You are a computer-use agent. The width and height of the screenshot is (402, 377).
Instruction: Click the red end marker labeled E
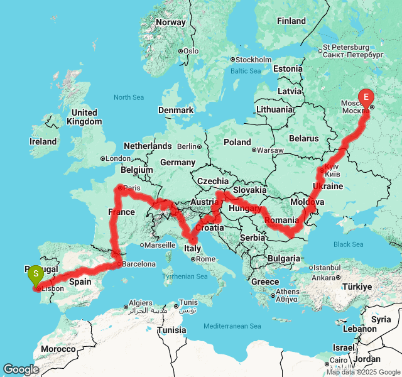pyautogui.click(x=366, y=97)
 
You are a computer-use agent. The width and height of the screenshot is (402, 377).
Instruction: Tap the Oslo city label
pyautogui.click(x=190, y=51)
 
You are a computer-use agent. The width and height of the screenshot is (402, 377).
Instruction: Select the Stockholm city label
pyautogui.click(x=254, y=60)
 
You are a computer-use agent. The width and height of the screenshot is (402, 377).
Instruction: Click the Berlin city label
pyautogui.click(x=187, y=146)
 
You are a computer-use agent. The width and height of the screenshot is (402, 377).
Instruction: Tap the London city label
pyautogui.click(x=118, y=158)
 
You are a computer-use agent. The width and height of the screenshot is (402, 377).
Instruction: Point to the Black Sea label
pyautogui.click(x=348, y=244)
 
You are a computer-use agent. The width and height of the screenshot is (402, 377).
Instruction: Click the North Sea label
pyautogui.click(x=129, y=97)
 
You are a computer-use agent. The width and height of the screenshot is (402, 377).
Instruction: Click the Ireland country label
pyautogui.click(x=43, y=141)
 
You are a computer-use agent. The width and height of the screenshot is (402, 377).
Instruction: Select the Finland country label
pyautogui.click(x=291, y=21)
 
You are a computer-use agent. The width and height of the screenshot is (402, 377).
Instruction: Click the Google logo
pyautogui.click(x=21, y=369)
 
